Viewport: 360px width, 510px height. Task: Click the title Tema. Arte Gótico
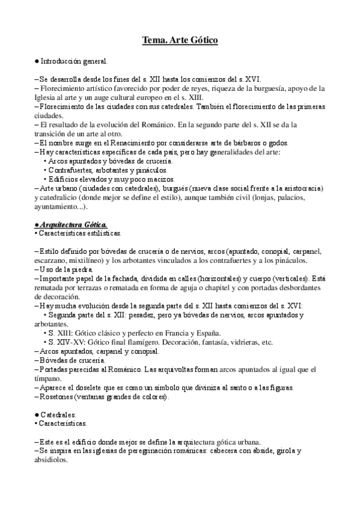coord(180,40)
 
